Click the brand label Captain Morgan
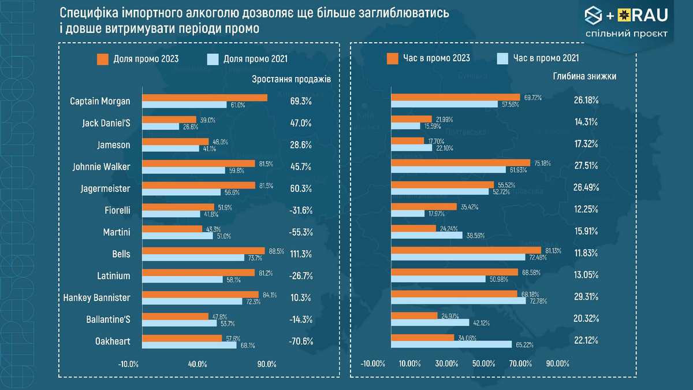coord(100,101)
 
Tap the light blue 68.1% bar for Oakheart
coord(190,345)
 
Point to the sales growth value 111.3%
coord(301,254)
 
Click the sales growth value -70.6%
coord(301,341)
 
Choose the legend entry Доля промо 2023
coord(138,58)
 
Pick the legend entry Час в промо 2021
coord(537,58)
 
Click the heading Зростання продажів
coord(292,78)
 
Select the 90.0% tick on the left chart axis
coord(267,364)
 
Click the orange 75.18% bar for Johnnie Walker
coord(460,163)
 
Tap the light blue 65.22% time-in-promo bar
coord(452,344)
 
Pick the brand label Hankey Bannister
coord(97,298)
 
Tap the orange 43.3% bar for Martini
coord(172,229)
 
